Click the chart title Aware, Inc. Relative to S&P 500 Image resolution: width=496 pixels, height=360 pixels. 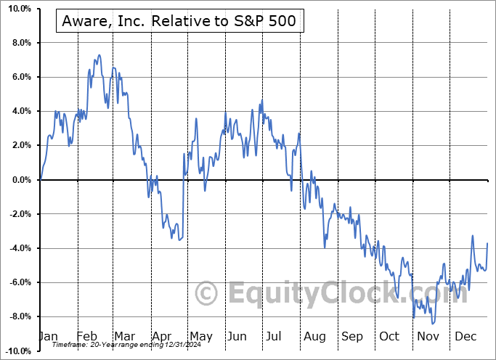click(x=179, y=21)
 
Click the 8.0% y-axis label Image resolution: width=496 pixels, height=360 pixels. click(x=18, y=43)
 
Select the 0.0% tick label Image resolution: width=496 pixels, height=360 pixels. click(x=18, y=180)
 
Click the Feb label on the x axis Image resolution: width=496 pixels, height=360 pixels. click(x=86, y=337)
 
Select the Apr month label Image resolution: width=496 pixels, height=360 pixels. click(x=162, y=337)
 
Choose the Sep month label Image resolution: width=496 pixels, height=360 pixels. click(x=352, y=337)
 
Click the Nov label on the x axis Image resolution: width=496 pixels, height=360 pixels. click(x=428, y=337)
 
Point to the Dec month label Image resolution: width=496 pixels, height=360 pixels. click(x=466, y=337)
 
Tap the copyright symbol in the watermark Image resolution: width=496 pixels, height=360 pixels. click(x=207, y=294)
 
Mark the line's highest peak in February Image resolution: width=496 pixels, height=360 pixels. click(x=99, y=54)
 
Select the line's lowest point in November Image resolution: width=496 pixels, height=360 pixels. click(x=433, y=324)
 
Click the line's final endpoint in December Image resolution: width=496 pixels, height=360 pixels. click(x=487, y=243)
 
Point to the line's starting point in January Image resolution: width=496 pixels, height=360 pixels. click(x=41, y=179)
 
